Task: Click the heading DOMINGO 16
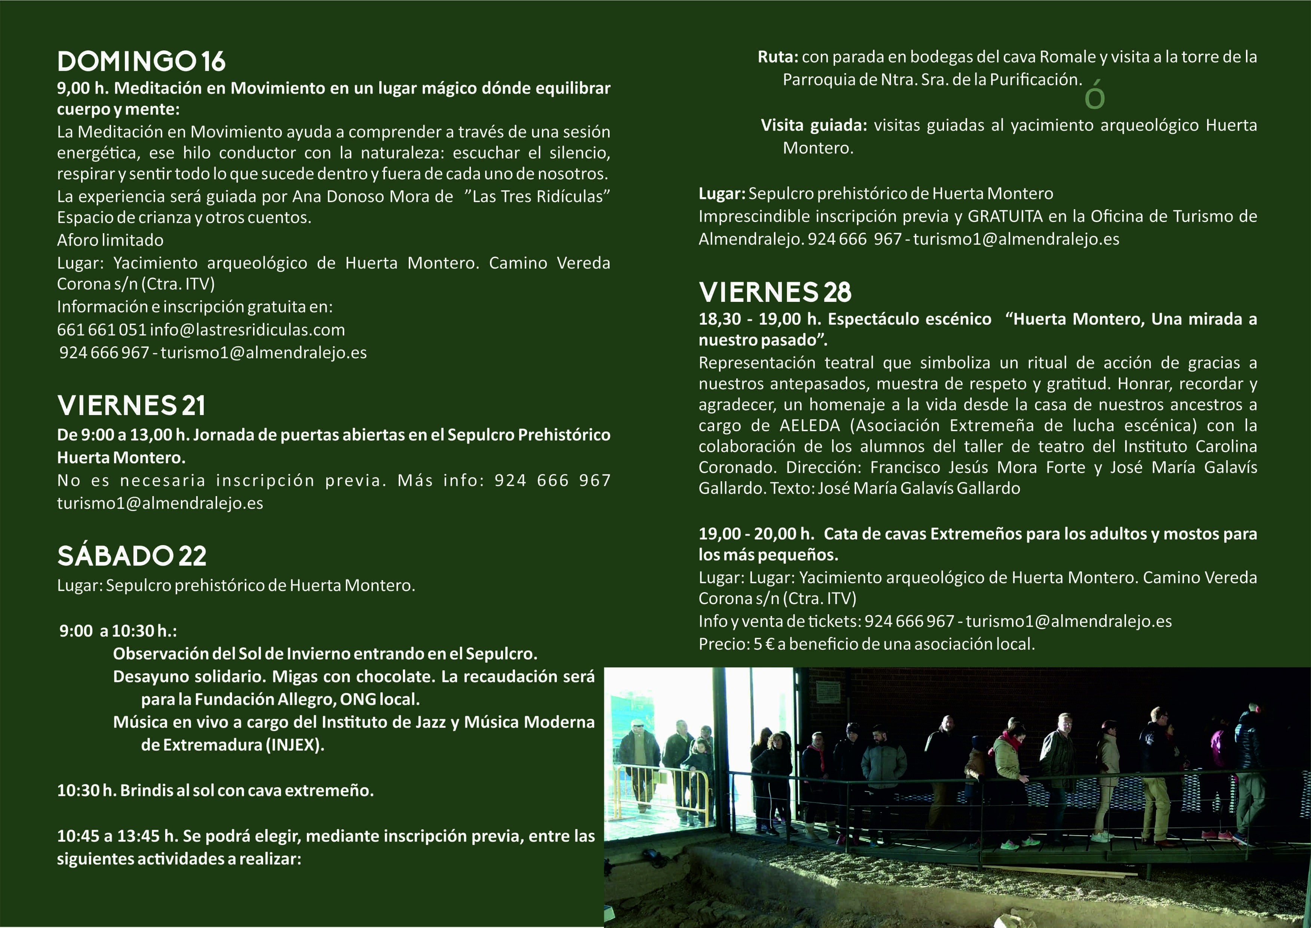[x=141, y=62]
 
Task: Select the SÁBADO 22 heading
[x=132, y=556]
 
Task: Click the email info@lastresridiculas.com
[x=247, y=330]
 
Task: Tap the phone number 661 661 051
[x=102, y=330]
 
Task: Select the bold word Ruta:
[x=778, y=57]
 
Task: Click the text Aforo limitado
[x=110, y=240]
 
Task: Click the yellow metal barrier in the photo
[x=663, y=791]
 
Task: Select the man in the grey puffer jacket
[x=883, y=766]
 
